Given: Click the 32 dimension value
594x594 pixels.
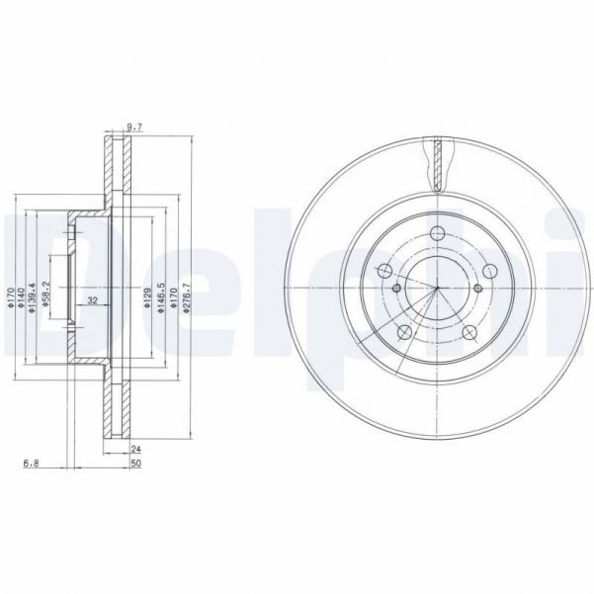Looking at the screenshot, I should pyautogui.click(x=92, y=300).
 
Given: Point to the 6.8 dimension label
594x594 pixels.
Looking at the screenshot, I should pyautogui.click(x=32, y=462).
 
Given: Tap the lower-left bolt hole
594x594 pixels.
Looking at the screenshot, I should pyautogui.click(x=403, y=331).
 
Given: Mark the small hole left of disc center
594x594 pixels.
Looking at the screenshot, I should pyautogui.click(x=396, y=289).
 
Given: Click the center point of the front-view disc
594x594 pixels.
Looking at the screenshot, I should pyautogui.click(x=435, y=289).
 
